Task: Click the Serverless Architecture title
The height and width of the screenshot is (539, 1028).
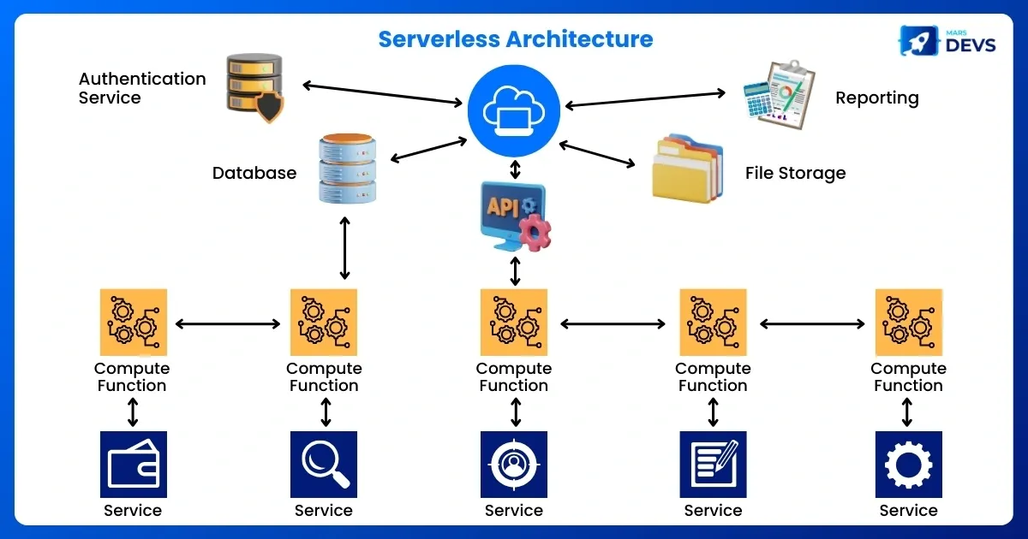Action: (x=515, y=39)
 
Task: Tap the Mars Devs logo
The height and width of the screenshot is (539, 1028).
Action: (x=947, y=41)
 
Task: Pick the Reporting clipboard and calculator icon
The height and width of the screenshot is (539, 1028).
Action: (x=778, y=93)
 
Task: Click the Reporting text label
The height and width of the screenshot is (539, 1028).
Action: (x=876, y=98)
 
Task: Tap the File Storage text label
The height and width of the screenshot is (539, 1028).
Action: (x=795, y=173)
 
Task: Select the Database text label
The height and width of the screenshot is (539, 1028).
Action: (x=254, y=173)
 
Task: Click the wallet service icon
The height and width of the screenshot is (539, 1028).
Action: (x=133, y=465)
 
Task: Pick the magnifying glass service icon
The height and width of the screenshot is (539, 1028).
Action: (x=324, y=465)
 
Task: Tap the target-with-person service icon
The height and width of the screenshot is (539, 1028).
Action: (x=514, y=465)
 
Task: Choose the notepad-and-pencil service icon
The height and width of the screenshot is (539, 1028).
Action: (x=713, y=465)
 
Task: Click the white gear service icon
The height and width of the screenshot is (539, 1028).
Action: (x=908, y=465)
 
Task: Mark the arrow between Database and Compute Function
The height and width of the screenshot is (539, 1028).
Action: (x=344, y=249)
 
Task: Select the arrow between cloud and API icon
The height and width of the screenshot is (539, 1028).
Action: (x=515, y=169)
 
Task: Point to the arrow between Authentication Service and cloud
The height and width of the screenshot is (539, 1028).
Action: (x=382, y=94)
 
